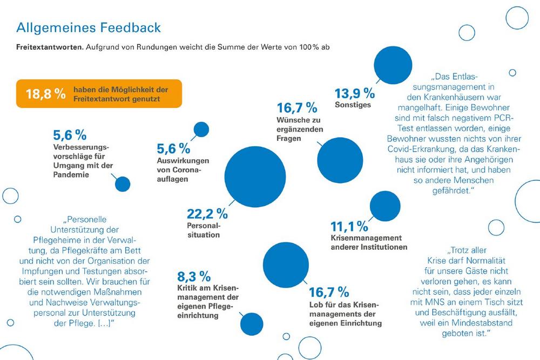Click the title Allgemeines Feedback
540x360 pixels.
pyautogui.click(x=89, y=28)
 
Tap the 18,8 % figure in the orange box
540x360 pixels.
pyautogui.click(x=45, y=93)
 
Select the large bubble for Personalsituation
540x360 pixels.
pyautogui.click(x=255, y=177)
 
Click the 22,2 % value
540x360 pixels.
pyautogui.click(x=207, y=214)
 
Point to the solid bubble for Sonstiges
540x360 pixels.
pyautogui.click(x=393, y=65)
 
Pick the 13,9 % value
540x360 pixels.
pyautogui.click(x=355, y=93)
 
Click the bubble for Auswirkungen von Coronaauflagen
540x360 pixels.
pyautogui.click(x=201, y=130)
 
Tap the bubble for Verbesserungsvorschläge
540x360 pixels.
pyautogui.click(x=123, y=184)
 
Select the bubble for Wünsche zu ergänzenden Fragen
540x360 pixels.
pyautogui.click(x=340, y=160)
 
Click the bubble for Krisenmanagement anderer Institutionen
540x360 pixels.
pyautogui.click(x=385, y=206)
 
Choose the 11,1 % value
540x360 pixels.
pyautogui.click(x=349, y=227)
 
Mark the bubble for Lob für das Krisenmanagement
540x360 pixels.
pyautogui.click(x=286, y=265)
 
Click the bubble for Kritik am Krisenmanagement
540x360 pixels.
pyautogui.click(x=252, y=324)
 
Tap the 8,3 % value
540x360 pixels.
pyautogui.click(x=194, y=277)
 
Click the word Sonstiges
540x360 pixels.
pyautogui.click(x=353, y=105)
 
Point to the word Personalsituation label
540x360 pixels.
pyautogui.click(x=204, y=230)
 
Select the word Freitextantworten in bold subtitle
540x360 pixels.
pyautogui.click(x=50, y=47)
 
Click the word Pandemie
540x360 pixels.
pyautogui.click(x=71, y=174)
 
